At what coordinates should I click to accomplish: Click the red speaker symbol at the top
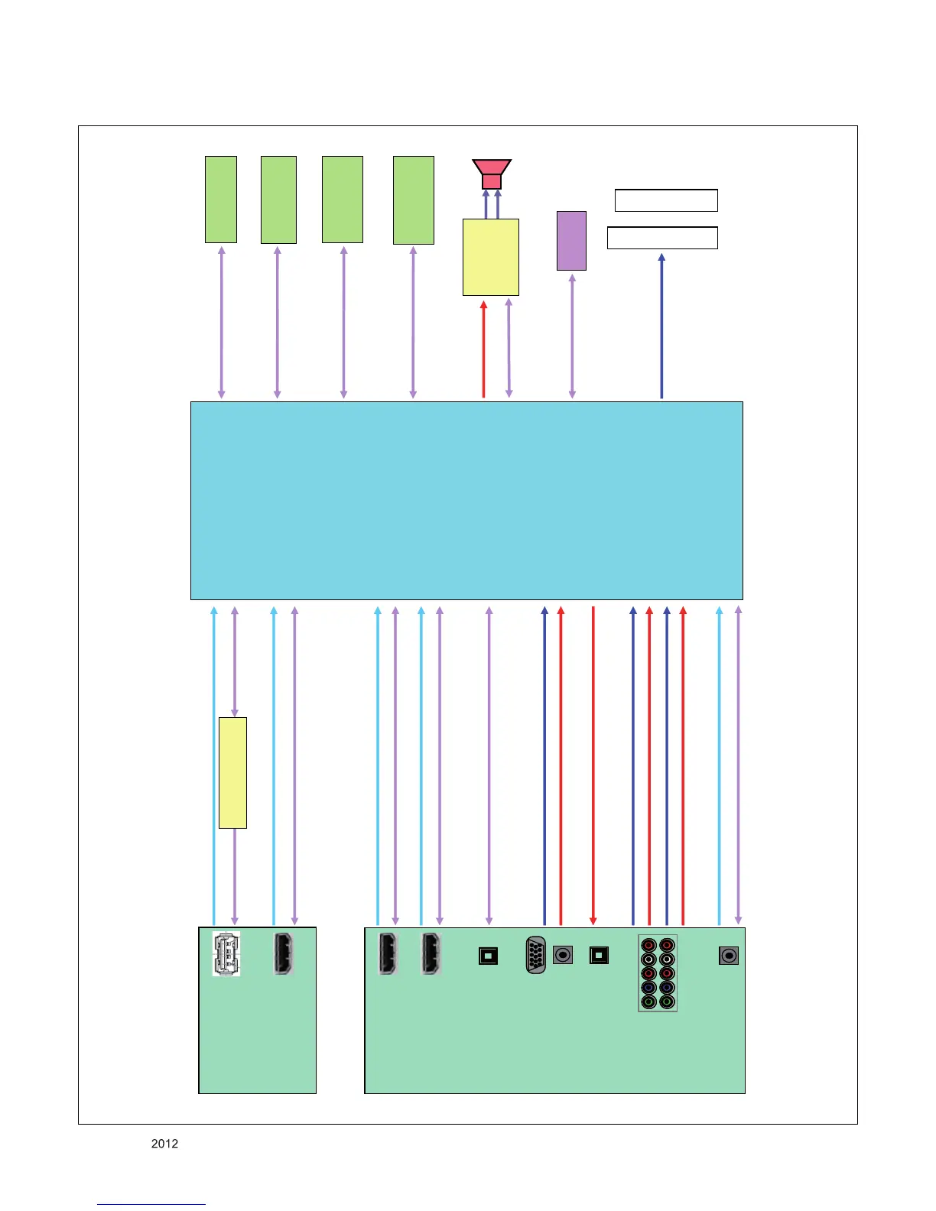click(x=491, y=174)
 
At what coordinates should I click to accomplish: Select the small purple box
click(x=571, y=241)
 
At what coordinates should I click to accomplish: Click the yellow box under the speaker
click(x=491, y=257)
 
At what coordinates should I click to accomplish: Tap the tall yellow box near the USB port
click(x=232, y=772)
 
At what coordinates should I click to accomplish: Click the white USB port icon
click(x=226, y=954)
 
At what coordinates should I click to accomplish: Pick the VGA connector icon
click(x=536, y=955)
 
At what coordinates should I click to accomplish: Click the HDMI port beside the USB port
click(x=284, y=954)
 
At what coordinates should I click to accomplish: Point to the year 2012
click(x=164, y=1144)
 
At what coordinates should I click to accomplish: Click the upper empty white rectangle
click(x=666, y=200)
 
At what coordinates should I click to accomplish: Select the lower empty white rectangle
click(x=662, y=238)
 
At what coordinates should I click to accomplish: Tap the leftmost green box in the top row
click(x=221, y=200)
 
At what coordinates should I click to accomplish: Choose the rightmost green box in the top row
click(x=414, y=200)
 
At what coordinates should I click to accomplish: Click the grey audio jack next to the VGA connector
click(x=563, y=955)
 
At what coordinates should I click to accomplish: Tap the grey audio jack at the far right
click(x=729, y=956)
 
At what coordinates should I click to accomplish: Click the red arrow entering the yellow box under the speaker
click(x=483, y=349)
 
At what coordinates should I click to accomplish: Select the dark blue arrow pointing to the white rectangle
click(x=661, y=326)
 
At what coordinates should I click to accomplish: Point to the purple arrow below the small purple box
click(x=572, y=336)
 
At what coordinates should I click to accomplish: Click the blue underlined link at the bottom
click(x=151, y=1204)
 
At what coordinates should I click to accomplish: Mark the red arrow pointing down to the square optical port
click(x=593, y=765)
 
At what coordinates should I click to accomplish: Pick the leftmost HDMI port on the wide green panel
click(x=388, y=954)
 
